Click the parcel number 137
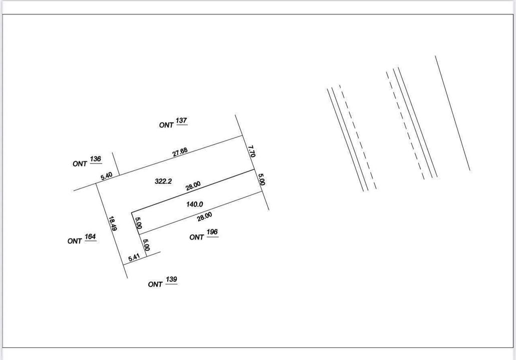181,120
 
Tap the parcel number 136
95,159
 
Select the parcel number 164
90,236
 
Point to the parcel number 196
212,232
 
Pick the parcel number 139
171,279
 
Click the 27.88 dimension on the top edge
180,152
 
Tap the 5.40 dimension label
106,176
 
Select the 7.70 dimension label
252,151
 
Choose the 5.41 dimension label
134,258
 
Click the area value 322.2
163,181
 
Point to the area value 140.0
194,204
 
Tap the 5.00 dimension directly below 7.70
261,179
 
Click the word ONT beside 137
166,125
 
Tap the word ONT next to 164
75,241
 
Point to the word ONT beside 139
155,284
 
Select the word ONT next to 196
197,237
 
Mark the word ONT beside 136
80,163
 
